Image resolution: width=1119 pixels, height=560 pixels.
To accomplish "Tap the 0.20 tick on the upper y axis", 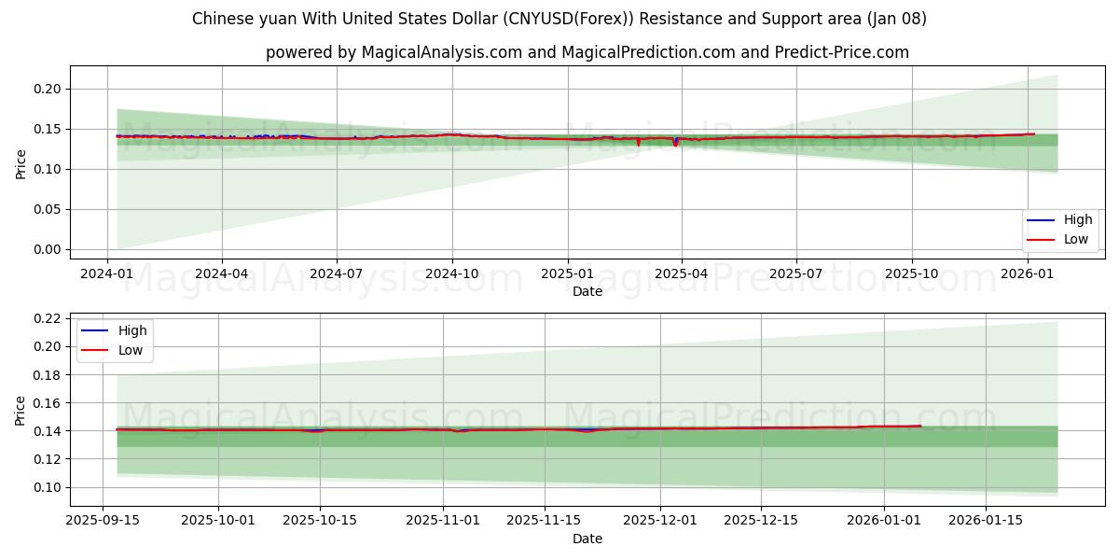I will [x=47, y=89].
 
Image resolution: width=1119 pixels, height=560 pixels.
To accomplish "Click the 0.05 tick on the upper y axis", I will [x=47, y=209].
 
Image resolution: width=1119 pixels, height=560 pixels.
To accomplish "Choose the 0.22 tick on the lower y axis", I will [x=47, y=318].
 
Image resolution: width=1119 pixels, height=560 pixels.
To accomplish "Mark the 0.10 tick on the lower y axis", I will [x=47, y=487].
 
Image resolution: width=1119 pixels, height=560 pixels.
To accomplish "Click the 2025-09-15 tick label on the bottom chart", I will [x=103, y=520].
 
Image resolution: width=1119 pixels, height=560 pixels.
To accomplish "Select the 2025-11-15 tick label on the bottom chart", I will [x=545, y=520].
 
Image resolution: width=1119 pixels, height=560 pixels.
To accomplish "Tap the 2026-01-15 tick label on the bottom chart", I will [x=987, y=520].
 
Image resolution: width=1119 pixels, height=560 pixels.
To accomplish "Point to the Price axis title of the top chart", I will [x=21, y=163].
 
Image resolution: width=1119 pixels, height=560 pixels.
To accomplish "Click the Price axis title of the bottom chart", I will [x=21, y=410].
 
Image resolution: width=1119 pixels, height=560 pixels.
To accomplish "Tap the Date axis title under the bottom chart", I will [x=587, y=539].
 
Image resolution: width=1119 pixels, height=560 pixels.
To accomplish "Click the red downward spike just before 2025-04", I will [x=675, y=144].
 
